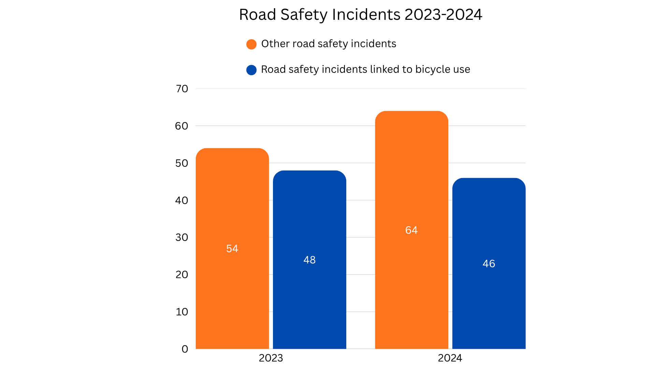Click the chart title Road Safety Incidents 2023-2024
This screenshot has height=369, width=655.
pos(360,15)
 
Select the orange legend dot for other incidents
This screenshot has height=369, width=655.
pos(251,44)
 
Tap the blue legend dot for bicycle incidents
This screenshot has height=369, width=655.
pos(251,70)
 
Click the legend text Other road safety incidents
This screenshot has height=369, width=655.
pos(329,44)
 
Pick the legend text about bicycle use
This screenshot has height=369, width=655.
pos(365,69)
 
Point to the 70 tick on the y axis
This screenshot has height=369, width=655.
pos(182,89)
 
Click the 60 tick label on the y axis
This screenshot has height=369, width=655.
pos(181,126)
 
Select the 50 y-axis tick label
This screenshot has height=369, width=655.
pos(181,163)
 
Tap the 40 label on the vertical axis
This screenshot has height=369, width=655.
pos(181,201)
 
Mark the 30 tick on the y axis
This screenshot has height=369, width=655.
pos(181,237)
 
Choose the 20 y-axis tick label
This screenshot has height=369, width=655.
pos(181,275)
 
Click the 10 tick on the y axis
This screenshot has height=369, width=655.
pos(181,312)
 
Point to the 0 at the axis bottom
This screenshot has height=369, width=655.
pos(185,349)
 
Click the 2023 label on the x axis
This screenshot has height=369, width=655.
pos(271,358)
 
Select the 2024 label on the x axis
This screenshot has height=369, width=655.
pos(450,358)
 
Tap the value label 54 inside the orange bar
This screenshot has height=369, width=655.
pos(232,249)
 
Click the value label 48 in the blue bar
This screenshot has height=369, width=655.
pos(309,260)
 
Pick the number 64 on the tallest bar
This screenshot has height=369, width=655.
pos(411,230)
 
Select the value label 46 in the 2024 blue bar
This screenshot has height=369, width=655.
pos(489,264)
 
